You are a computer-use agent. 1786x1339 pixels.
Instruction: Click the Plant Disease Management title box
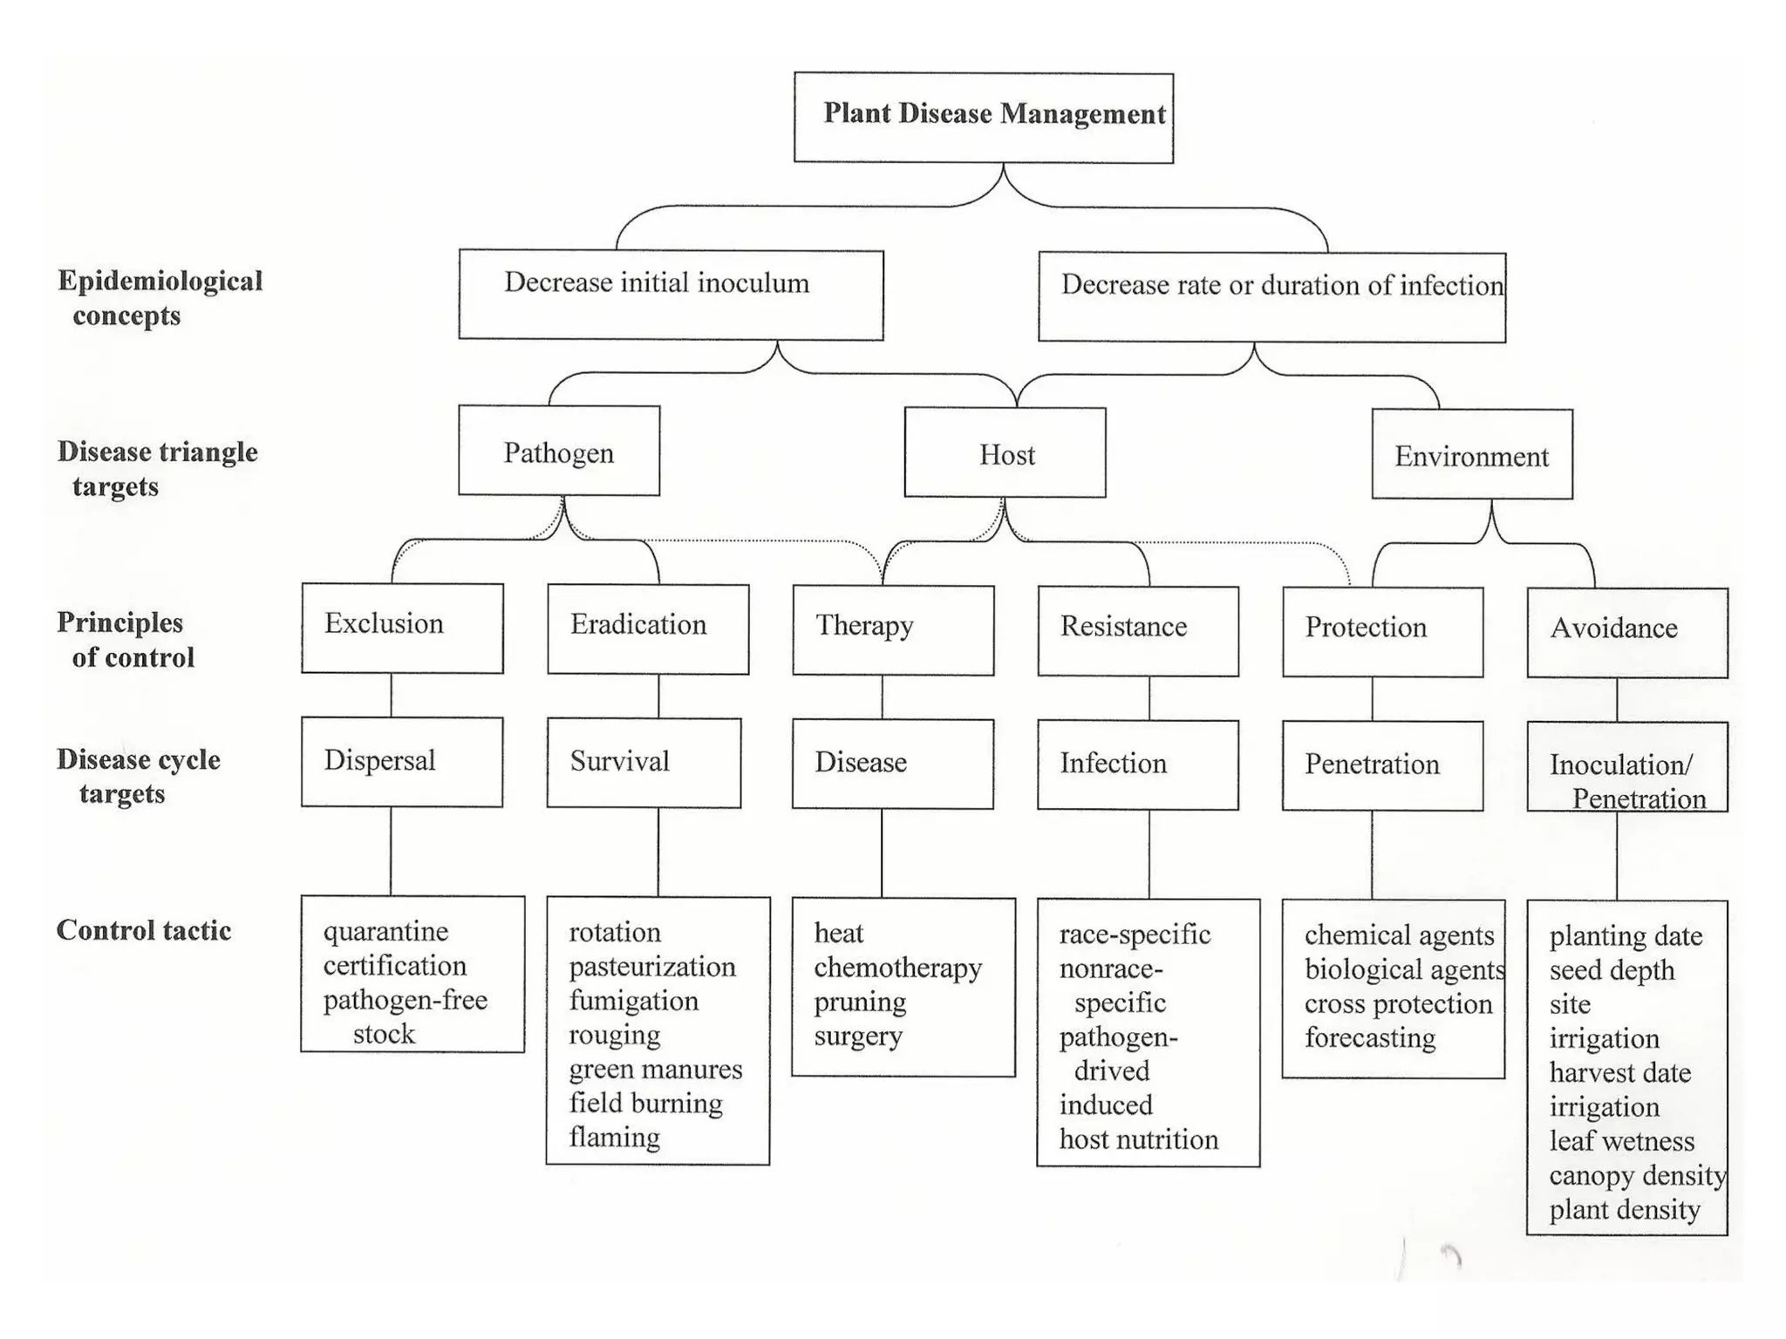pos(983,117)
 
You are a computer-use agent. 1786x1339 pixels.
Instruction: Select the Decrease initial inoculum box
pos(671,294)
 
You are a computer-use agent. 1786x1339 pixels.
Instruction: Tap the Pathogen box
pos(559,450)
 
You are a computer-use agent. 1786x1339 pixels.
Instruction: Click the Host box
pos(1005,452)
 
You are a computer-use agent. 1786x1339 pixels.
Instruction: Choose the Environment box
pos(1472,454)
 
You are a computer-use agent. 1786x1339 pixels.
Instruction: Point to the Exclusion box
pos(402,628)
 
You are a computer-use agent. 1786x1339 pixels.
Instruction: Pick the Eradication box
pos(648,629)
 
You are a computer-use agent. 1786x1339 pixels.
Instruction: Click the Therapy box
pos(893,630)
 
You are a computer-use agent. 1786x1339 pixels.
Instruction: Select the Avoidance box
pos(1627,633)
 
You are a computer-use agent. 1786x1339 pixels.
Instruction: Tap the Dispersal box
pos(402,762)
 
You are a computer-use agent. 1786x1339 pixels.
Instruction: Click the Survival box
pos(644,763)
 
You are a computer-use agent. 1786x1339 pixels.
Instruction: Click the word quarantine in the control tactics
pos(385,931)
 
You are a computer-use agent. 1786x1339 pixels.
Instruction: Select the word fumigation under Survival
pos(634,1001)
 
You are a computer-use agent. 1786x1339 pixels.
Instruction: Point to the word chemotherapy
pos(897,968)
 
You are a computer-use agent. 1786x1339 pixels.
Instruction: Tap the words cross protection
pos(1398,1003)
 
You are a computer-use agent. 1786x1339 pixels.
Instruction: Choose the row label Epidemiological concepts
pos(159,297)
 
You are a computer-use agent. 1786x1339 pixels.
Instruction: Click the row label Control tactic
pos(144,930)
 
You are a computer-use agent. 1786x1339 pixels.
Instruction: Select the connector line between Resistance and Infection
pos(1149,697)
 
